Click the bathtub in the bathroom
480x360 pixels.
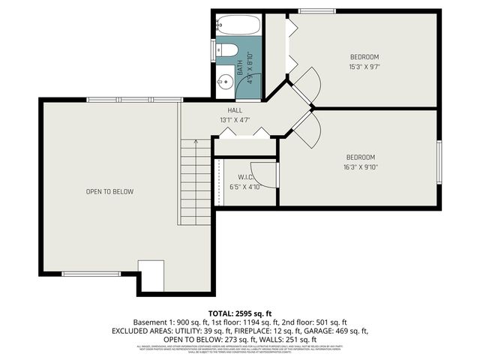[x=238, y=25]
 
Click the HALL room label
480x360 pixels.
[x=235, y=109]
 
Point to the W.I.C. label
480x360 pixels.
[x=244, y=178]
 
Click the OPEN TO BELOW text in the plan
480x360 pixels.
[x=109, y=192]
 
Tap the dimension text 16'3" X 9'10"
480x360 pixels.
[x=361, y=167]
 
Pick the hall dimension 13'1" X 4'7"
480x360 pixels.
[x=235, y=120]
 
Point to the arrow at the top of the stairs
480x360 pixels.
[x=195, y=142]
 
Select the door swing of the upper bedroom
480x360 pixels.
[x=308, y=85]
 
